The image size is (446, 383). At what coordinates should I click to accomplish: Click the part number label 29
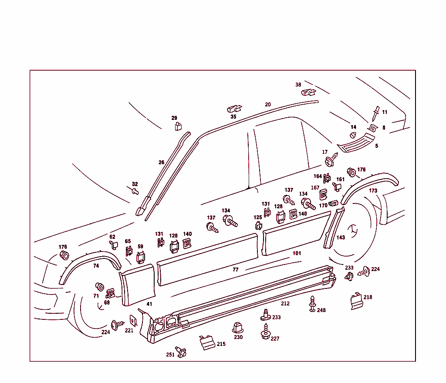click(174, 118)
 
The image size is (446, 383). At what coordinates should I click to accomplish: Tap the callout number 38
click(298, 85)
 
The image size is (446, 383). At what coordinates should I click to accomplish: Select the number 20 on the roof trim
click(268, 105)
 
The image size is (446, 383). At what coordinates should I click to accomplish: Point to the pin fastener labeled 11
click(375, 115)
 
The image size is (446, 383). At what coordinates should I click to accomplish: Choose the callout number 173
click(373, 191)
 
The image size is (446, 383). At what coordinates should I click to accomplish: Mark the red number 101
click(297, 253)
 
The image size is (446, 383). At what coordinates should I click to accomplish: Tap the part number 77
click(236, 270)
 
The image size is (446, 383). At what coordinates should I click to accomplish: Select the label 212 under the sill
click(285, 304)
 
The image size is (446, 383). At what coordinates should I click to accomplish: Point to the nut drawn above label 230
click(238, 327)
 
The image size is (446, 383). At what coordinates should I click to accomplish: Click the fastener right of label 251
click(181, 351)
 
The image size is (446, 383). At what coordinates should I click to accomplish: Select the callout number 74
click(96, 266)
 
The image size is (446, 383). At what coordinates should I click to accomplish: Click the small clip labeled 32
click(135, 191)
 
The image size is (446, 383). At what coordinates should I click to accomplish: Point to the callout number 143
click(341, 237)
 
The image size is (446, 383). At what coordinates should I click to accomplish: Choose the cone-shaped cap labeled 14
click(354, 134)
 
